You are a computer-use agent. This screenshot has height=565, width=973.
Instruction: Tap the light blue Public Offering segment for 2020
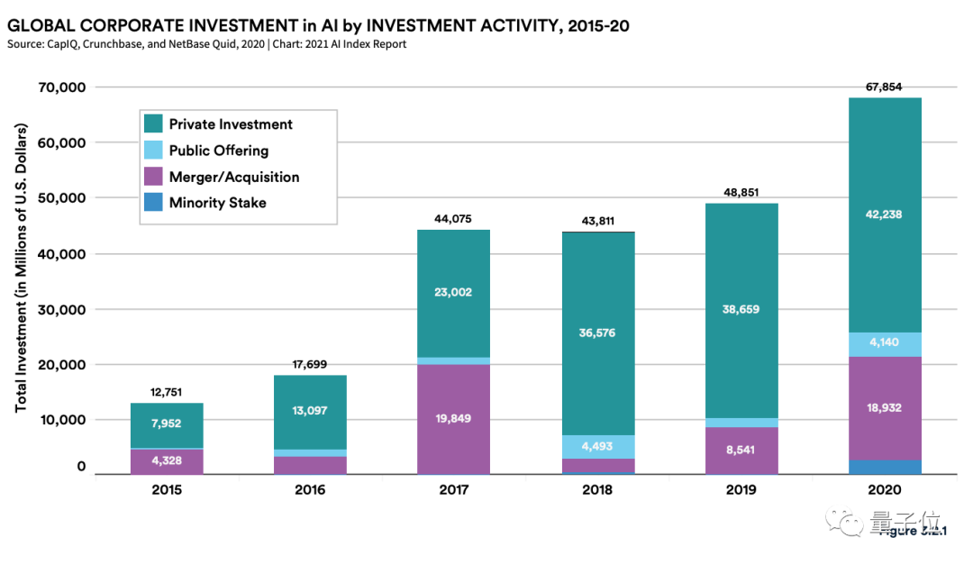pos(885,344)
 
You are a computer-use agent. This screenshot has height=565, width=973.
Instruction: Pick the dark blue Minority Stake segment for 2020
pos(885,467)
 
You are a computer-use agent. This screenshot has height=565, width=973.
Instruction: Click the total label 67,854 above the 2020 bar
pos(885,87)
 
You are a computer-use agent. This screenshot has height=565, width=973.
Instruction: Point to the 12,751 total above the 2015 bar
pos(167,392)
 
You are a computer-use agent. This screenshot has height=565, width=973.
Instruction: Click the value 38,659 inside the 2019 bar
pos(741,308)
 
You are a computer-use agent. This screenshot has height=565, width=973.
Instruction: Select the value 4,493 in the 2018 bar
pos(597,446)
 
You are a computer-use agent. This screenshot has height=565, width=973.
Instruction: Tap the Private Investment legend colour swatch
pos(153,124)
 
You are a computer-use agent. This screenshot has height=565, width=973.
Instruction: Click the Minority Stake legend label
pos(217,203)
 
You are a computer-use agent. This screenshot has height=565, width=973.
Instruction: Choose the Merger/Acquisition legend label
pos(233,177)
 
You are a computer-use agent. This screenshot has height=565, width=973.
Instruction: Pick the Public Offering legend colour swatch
pos(153,150)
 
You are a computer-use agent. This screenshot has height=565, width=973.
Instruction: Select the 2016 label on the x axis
pos(310,490)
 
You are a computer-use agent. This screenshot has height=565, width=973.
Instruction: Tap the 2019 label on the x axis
pos(741,490)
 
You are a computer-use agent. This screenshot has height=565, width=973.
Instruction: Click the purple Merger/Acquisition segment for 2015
pos(167,461)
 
